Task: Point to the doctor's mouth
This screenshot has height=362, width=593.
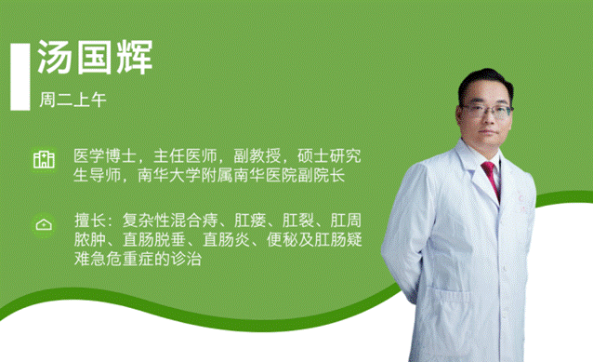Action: click(488, 135)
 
